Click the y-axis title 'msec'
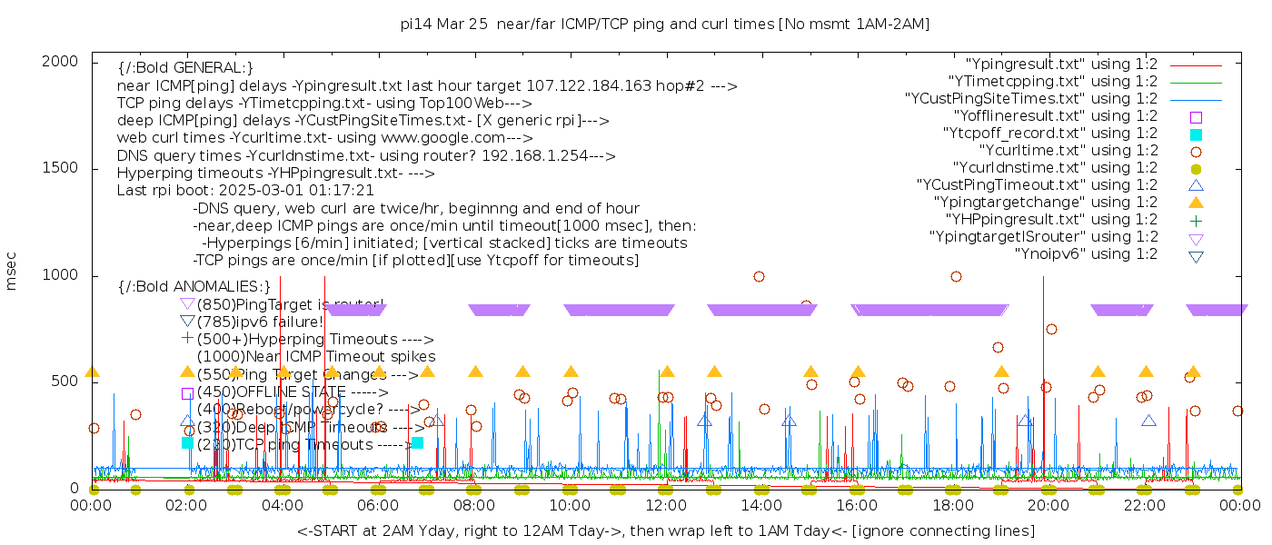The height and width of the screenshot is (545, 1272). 12,272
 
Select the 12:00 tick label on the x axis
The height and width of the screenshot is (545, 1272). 666,505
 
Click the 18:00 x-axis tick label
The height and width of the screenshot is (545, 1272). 953,505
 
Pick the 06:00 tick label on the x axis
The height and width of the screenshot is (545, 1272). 379,505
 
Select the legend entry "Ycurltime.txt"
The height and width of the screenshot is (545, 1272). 1068,151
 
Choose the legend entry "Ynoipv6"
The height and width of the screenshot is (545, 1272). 1086,254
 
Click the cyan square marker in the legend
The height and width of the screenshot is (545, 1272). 1196,134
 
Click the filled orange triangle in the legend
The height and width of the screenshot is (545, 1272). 1196,203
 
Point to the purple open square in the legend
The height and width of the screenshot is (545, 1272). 1196,117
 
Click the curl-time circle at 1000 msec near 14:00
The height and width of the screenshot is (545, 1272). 759,276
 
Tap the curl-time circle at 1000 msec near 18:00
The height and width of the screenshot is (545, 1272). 956,276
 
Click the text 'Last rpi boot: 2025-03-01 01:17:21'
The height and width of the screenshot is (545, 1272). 245,191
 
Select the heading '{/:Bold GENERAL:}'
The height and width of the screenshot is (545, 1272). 185,68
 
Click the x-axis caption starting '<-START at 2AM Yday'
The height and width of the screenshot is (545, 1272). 666,530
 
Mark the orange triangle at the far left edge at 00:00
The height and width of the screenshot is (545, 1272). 92,372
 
